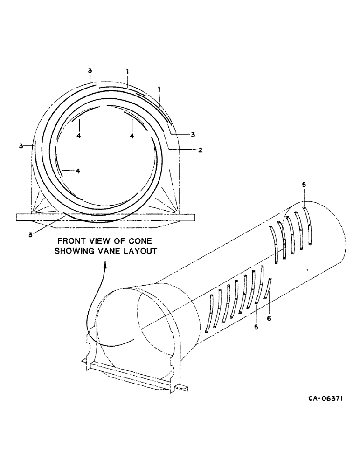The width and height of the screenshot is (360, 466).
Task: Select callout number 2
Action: click(200, 150)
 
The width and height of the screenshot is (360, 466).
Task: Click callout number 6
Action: click(269, 318)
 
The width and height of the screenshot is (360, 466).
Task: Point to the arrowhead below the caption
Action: click(105, 264)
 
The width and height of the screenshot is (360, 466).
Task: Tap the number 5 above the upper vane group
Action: click(304, 185)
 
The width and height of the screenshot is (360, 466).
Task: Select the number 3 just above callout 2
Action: click(193, 135)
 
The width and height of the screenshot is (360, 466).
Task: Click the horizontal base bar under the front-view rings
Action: click(104, 217)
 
